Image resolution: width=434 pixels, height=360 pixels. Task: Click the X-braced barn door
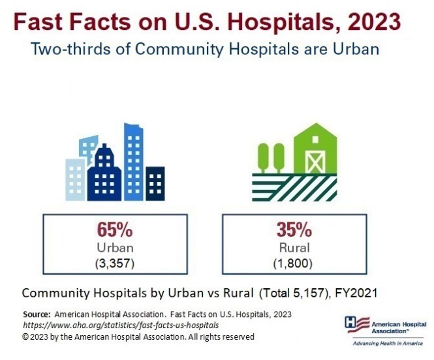(x=315, y=158)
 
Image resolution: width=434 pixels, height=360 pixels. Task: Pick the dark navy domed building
(x=104, y=172)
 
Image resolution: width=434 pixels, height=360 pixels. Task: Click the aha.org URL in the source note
(x=120, y=324)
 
